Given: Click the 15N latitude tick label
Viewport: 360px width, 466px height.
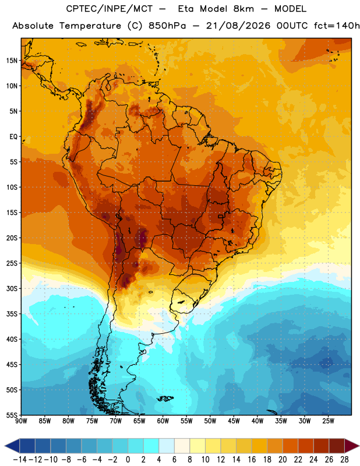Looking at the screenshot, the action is (x=12, y=61).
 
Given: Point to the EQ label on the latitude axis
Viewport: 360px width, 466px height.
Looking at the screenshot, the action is (x=13, y=137).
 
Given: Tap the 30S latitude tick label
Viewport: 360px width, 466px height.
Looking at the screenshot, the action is (x=12, y=288).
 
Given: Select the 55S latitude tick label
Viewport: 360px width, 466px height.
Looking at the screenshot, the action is (x=12, y=415).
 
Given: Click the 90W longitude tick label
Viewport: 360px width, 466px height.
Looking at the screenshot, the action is (x=21, y=421).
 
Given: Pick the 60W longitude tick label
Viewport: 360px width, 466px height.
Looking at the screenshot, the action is (x=163, y=421).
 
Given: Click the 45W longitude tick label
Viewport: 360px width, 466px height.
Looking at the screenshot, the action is (x=234, y=421).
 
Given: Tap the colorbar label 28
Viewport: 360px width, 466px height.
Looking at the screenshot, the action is (x=344, y=460).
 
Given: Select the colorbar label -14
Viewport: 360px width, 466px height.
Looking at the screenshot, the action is (x=20, y=460).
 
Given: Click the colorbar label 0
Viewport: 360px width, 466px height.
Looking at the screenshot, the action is (x=128, y=460).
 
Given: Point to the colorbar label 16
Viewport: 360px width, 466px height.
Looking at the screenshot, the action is (x=252, y=460).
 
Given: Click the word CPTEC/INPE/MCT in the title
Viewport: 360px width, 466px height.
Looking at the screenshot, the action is (x=110, y=9).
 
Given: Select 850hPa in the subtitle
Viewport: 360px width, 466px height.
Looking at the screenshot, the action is (x=167, y=26).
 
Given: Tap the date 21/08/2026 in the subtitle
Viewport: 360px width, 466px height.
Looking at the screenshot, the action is (x=238, y=26).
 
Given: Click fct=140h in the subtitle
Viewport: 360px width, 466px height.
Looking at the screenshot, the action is (x=337, y=26).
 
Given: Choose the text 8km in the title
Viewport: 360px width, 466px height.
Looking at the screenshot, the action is (x=243, y=9).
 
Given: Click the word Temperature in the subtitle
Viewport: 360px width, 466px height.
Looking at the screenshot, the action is (x=90, y=26).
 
